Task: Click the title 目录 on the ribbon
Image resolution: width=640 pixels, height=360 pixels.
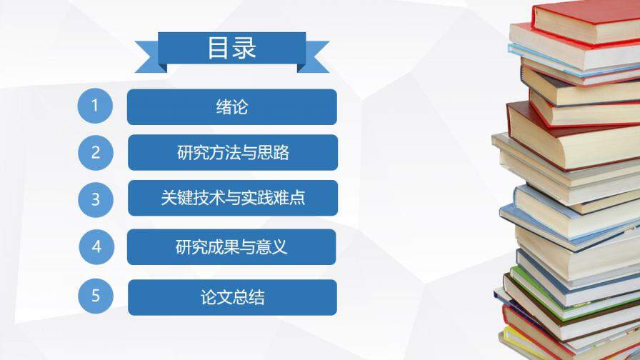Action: (232, 48)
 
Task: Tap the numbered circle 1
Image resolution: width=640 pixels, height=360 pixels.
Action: (96, 106)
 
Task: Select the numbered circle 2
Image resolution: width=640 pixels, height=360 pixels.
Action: (96, 152)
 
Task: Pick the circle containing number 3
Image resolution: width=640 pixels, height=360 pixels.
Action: (96, 199)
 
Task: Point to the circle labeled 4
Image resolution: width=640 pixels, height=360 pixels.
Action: (97, 247)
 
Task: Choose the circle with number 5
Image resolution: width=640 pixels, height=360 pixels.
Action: (96, 296)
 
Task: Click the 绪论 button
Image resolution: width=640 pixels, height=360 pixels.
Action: (232, 107)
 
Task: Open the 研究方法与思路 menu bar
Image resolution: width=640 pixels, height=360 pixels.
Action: (232, 153)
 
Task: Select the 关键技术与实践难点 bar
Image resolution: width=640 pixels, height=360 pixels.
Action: (232, 198)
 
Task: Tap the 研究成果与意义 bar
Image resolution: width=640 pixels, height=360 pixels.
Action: (232, 247)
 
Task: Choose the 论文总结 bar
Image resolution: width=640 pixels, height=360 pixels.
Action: (232, 297)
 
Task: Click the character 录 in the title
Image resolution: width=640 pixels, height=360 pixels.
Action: (244, 48)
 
